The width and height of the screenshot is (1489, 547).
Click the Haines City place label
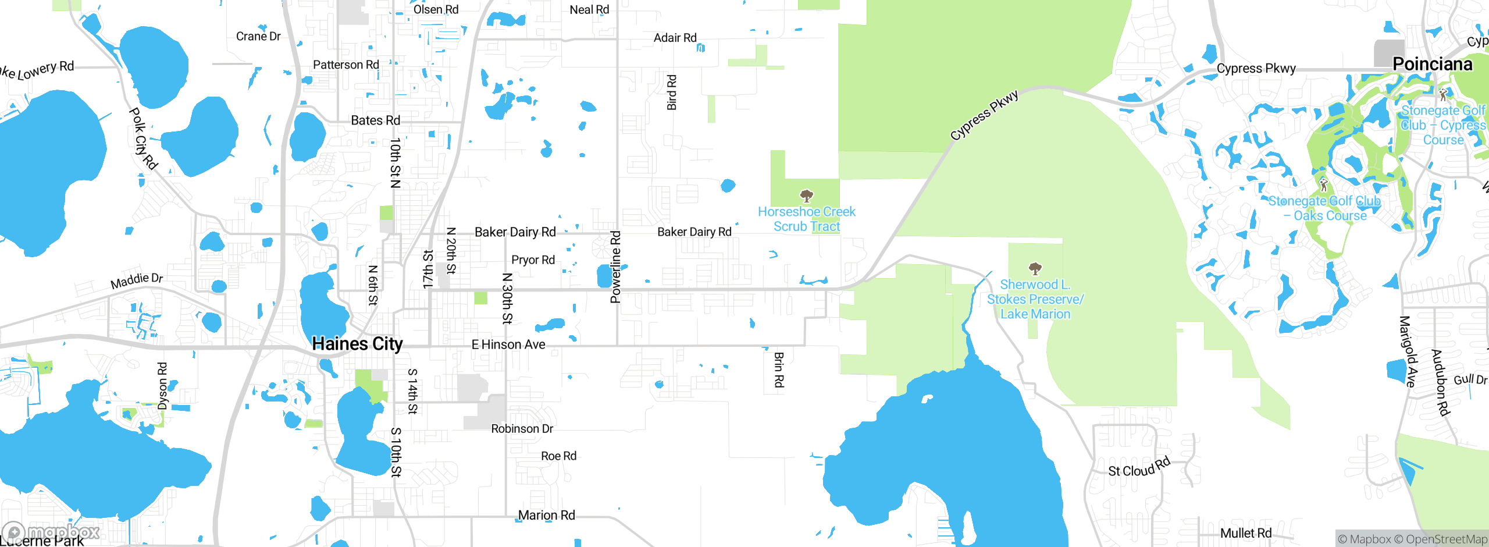[x=357, y=344]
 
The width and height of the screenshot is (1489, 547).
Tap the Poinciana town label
[x=1432, y=64]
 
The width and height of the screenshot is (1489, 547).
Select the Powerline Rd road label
[x=615, y=267]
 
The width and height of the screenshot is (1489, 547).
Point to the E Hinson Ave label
[x=508, y=344]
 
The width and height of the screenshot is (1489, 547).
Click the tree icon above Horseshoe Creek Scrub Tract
[x=806, y=196]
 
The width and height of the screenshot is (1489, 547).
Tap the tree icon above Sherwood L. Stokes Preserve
[x=1035, y=269]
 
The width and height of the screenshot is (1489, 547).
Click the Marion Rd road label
[x=546, y=515]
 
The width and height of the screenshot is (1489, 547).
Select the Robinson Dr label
[x=522, y=429]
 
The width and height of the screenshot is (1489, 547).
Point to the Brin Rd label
[x=778, y=370]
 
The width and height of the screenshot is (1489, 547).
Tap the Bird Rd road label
[x=672, y=92]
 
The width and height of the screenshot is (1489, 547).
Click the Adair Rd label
[x=675, y=38]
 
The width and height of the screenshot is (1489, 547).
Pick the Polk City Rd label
[x=143, y=138]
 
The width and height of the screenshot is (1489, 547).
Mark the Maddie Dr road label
[x=137, y=281]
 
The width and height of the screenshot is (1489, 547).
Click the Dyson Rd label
[x=162, y=386]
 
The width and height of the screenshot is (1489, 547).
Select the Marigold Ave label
[x=1407, y=351]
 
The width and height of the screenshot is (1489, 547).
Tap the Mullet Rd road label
[x=1246, y=533]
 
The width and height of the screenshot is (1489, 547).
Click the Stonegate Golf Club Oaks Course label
[x=1324, y=208]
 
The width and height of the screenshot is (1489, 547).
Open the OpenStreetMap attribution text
[x=1444, y=539]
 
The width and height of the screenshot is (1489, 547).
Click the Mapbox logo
[x=51, y=532]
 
